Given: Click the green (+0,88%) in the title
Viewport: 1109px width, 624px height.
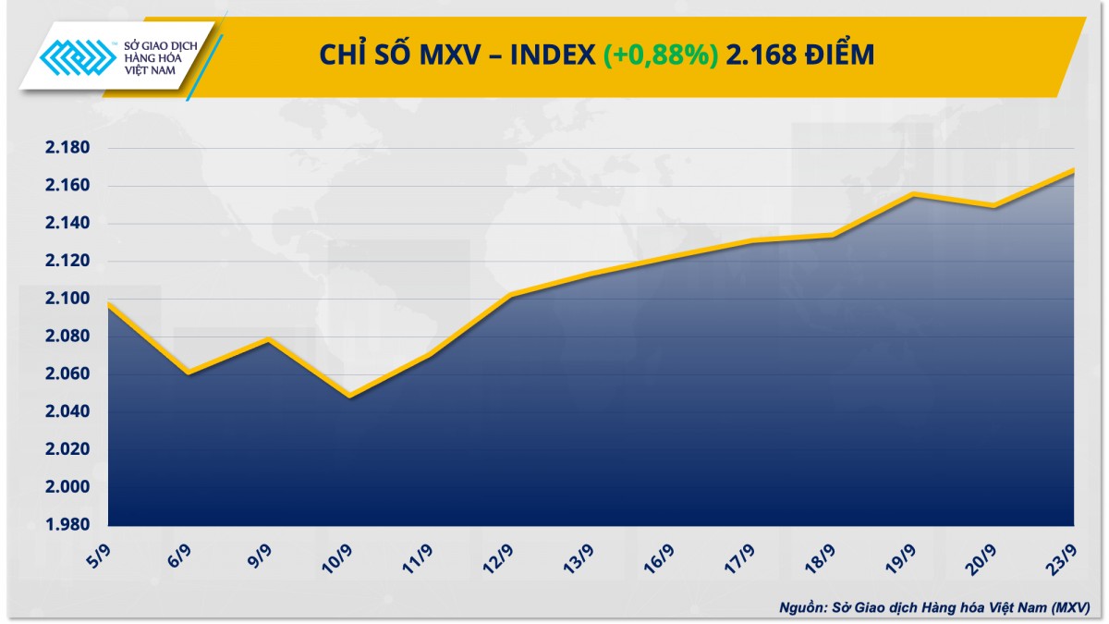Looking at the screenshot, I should pyautogui.click(x=661, y=55).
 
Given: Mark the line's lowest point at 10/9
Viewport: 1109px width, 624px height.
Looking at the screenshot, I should pyautogui.click(x=349, y=397).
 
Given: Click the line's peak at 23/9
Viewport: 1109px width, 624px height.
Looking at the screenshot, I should pyautogui.click(x=1073, y=170).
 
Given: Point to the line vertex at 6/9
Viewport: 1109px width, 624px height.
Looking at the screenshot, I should pyautogui.click(x=189, y=373).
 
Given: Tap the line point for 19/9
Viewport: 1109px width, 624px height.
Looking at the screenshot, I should pyautogui.click(x=912, y=194).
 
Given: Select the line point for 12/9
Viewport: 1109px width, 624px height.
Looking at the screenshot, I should pyautogui.click(x=510, y=296).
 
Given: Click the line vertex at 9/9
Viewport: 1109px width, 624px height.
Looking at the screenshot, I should pyautogui.click(x=269, y=340).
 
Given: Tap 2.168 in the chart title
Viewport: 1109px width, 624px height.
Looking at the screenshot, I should pyautogui.click(x=760, y=55).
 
